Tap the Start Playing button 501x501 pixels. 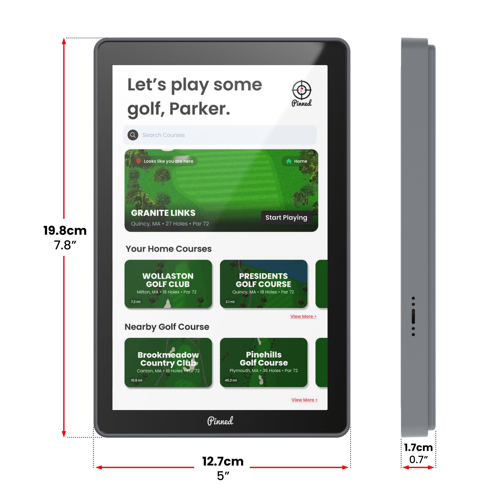286,218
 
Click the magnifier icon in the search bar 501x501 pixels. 133,135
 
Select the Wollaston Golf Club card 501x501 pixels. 168,284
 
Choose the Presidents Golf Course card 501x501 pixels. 264,284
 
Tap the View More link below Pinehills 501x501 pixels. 304,400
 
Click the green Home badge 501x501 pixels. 296,161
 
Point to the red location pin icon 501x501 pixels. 138,161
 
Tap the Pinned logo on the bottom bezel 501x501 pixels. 220,421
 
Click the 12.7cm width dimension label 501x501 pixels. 223,461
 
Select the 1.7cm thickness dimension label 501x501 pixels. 418,448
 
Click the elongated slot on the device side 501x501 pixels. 413,316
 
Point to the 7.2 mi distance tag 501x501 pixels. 136,302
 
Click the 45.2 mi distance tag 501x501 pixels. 230,380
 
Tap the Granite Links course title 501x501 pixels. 163,213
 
